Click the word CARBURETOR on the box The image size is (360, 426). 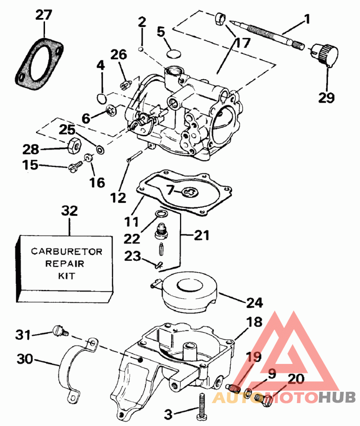67,251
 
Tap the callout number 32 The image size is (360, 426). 70,211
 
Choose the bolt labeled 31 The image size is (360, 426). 58,331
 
